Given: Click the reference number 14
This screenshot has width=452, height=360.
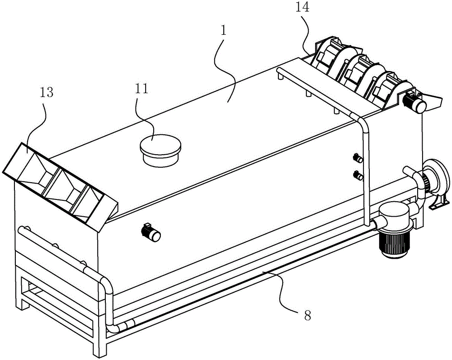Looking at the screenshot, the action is [x=302, y=8].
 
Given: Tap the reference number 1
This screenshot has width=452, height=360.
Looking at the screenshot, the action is [x=223, y=31].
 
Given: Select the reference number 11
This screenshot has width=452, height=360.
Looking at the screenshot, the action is [x=141, y=89].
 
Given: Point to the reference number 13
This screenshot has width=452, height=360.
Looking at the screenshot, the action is [x=47, y=93].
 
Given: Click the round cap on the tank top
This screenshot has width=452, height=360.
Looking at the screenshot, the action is [x=160, y=149].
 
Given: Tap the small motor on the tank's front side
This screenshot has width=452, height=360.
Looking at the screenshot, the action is [x=151, y=232].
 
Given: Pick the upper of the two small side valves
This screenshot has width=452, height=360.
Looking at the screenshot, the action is [x=358, y=158].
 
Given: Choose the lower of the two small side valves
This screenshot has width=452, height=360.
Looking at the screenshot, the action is [x=358, y=175].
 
